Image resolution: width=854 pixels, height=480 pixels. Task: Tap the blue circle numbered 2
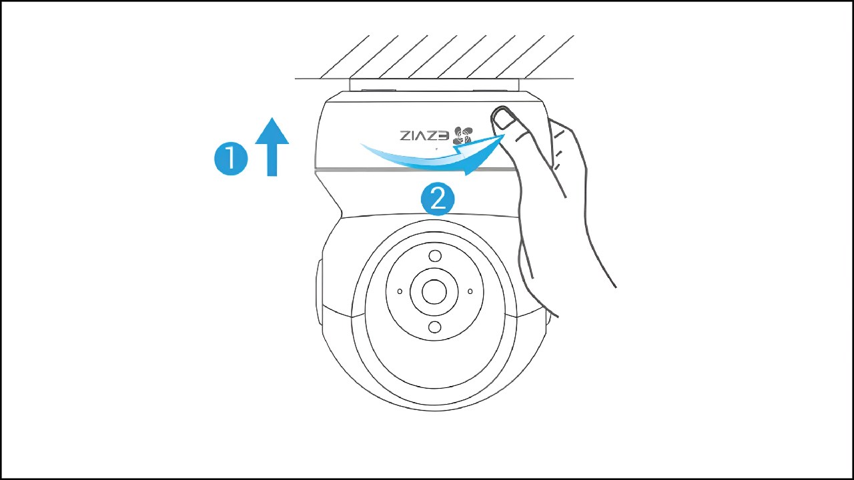[438, 199]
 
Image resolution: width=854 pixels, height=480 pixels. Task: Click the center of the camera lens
[434, 291]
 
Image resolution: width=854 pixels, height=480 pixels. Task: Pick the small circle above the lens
[435, 256]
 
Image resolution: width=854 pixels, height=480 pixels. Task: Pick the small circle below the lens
[435, 327]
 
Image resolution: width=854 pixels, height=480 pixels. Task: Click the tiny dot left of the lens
[400, 291]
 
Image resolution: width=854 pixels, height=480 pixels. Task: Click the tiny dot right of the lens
[470, 291]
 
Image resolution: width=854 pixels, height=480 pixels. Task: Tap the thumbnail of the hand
[502, 119]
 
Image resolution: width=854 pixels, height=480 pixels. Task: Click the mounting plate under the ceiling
[434, 85]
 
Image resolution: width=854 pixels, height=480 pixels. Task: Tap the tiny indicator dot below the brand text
[436, 149]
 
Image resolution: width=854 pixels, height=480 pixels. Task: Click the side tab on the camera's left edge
[319, 283]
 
